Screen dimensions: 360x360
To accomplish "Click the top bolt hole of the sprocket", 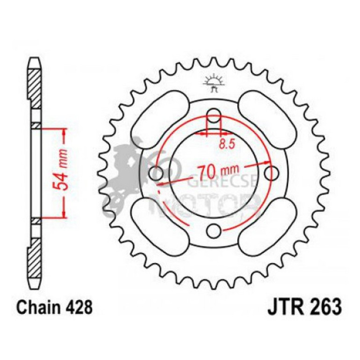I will [x=214, y=115].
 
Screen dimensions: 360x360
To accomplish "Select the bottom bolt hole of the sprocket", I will [x=214, y=230].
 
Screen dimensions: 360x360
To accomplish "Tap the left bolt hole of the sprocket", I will [x=156, y=173].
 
